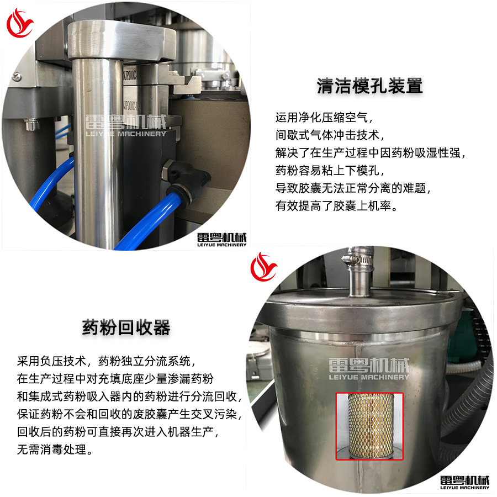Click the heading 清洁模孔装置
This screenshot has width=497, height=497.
(x=369, y=86)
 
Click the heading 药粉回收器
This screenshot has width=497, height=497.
(x=126, y=327)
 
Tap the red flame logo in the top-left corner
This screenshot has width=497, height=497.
(x=20, y=23)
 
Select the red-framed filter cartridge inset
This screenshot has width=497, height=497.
(x=370, y=426)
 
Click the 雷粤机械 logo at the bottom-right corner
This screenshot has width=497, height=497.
(x=464, y=481)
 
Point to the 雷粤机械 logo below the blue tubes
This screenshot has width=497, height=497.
(x=221, y=239)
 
